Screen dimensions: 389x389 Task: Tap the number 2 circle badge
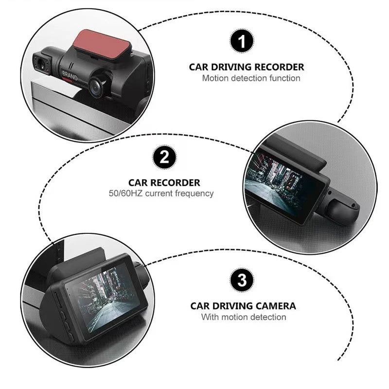[x=164, y=157]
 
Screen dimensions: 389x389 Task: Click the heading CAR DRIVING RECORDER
[x=247, y=67]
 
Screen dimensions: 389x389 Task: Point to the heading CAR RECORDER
[x=164, y=183]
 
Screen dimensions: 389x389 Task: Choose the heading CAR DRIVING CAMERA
[x=243, y=306]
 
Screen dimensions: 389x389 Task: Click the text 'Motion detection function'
[x=251, y=78]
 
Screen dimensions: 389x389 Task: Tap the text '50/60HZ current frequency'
[x=161, y=194]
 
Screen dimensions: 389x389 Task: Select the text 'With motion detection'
[x=244, y=317]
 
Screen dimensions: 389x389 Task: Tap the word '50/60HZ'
[x=126, y=194]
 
